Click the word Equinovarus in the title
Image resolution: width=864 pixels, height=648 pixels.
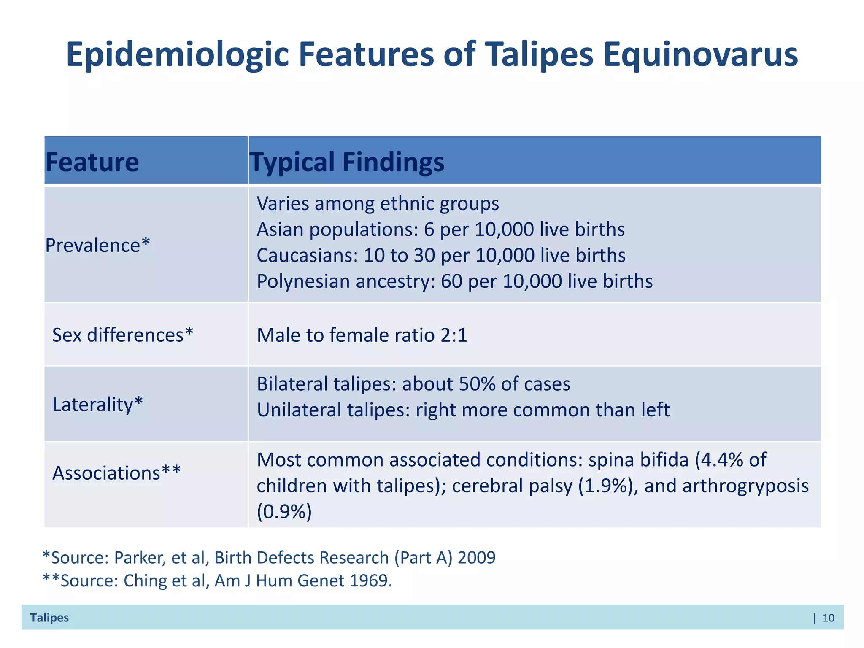coord(700,55)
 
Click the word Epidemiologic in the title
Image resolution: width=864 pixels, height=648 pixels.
coord(177,55)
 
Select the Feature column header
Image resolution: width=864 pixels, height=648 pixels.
coord(92,162)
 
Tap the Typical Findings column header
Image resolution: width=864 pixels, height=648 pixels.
coord(347,162)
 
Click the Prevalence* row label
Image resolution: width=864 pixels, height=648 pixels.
coord(97,245)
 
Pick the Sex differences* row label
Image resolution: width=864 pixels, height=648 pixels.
coord(122,335)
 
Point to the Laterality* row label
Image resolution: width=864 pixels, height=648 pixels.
coord(97,404)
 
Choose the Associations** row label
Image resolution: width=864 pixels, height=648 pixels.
coord(116,472)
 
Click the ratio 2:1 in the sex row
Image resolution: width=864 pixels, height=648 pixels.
coord(454,335)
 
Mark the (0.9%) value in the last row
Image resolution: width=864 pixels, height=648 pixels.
coord(284,512)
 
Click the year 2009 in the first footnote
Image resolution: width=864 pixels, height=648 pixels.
coord(476,558)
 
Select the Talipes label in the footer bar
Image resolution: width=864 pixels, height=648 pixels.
coord(49,618)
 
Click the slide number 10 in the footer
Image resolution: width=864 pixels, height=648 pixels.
coord(828,618)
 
